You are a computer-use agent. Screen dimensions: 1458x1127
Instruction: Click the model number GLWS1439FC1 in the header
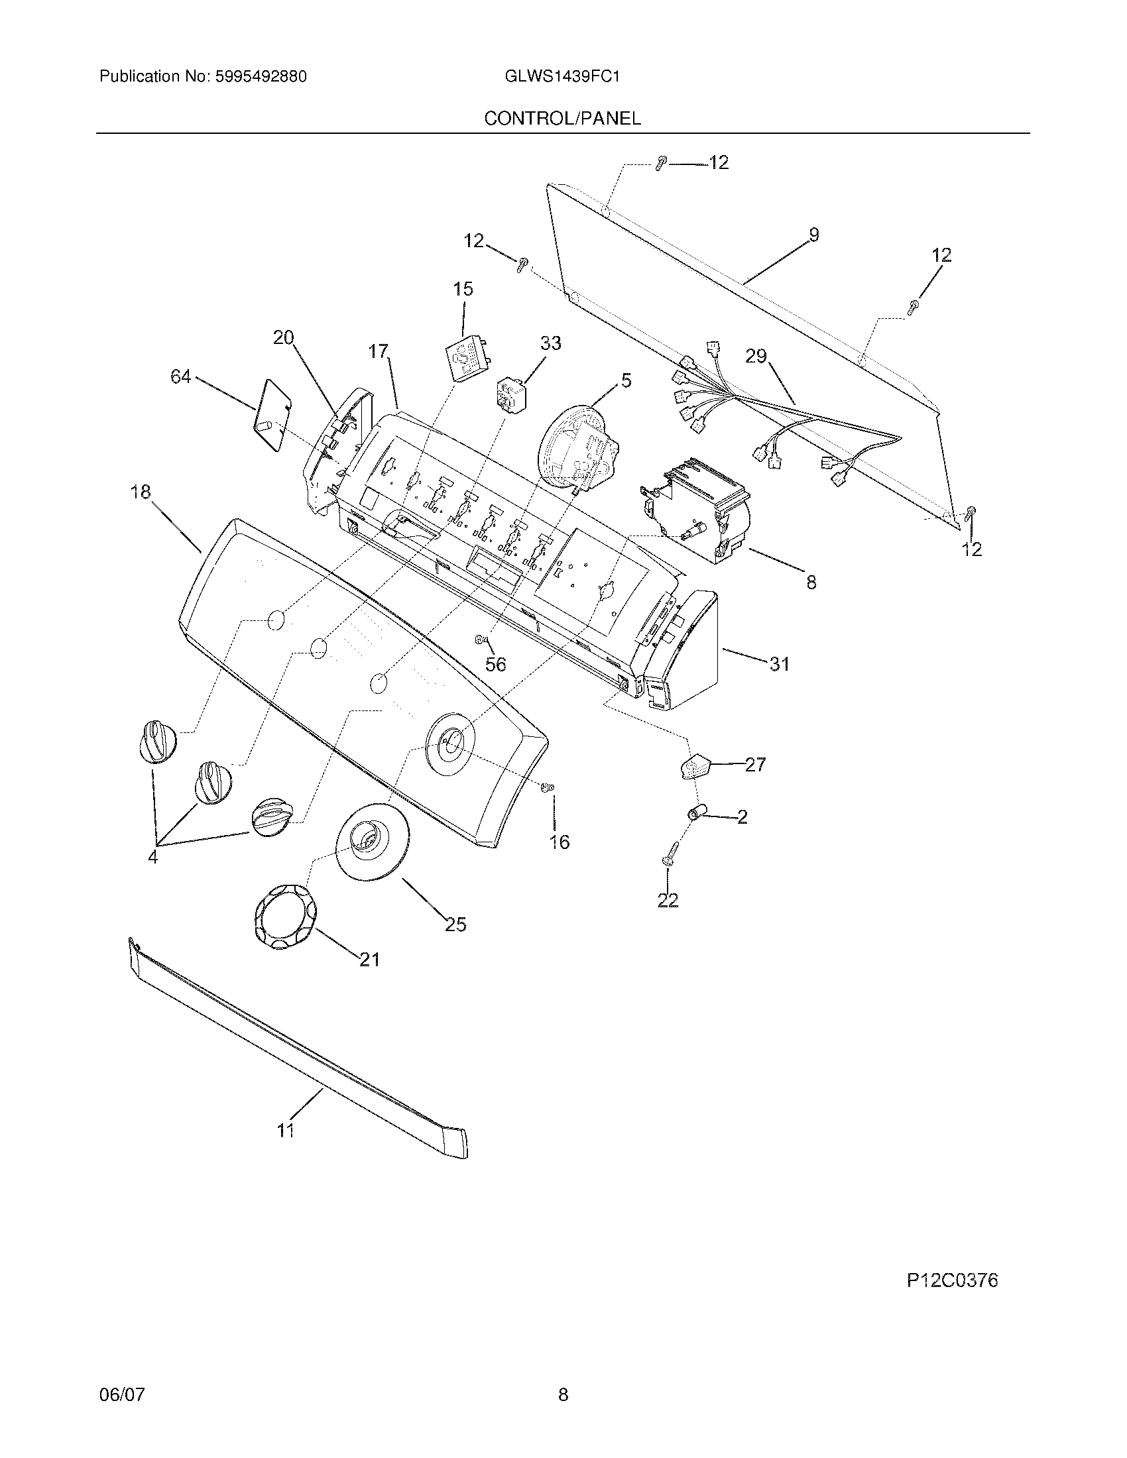pyautogui.click(x=563, y=77)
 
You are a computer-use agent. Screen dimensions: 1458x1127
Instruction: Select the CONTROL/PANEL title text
pyautogui.click(x=562, y=118)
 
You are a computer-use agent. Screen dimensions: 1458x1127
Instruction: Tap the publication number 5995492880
pyautogui.click(x=261, y=77)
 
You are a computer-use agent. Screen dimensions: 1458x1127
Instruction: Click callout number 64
pyautogui.click(x=180, y=378)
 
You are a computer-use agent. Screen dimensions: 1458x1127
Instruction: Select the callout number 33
pyautogui.click(x=550, y=343)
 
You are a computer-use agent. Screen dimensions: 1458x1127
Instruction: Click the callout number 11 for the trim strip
pyautogui.click(x=286, y=1130)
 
